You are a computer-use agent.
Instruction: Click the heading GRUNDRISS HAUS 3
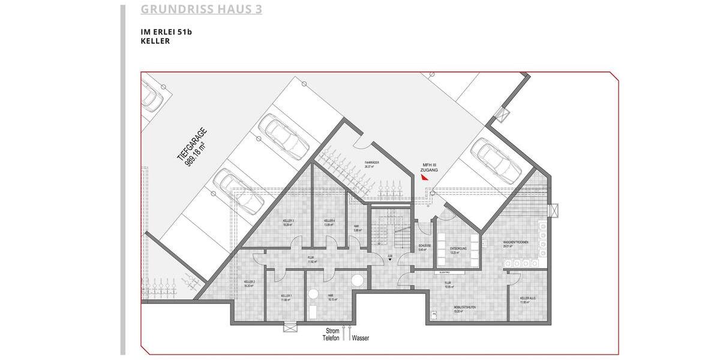(201, 10)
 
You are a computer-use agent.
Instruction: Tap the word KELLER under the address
(155, 41)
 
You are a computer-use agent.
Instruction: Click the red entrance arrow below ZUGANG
(424, 177)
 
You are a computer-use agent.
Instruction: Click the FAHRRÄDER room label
(372, 163)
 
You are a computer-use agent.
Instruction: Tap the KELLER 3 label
(288, 221)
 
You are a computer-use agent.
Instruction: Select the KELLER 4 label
(329, 221)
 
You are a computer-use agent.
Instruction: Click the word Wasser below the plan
(361, 338)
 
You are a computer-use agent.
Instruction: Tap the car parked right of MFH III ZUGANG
(496, 160)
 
